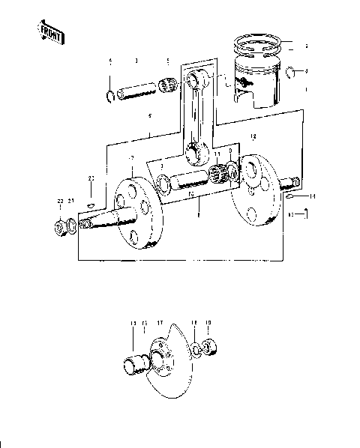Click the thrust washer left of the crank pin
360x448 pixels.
(x=160, y=182)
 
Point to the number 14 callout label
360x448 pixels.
(x=313, y=197)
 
